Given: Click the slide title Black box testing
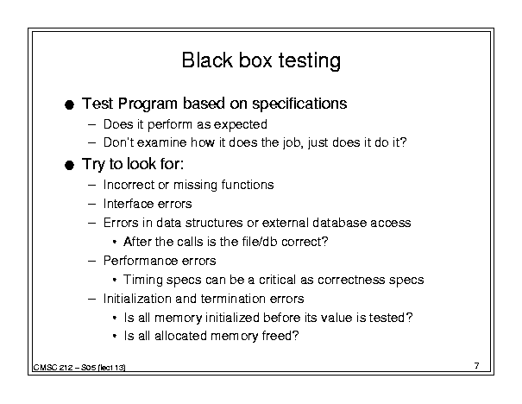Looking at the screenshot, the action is pos(261,61).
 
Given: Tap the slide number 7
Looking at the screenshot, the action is pos(477,366).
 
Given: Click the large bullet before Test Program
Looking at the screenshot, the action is pos(69,105).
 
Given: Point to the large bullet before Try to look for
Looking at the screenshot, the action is pos(69,165).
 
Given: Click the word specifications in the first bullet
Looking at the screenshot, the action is pos(299,104).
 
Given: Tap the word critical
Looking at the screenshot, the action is pos(277,280).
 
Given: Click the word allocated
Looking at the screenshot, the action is pos(180,336).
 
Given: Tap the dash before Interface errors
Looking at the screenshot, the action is pos(91,205).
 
